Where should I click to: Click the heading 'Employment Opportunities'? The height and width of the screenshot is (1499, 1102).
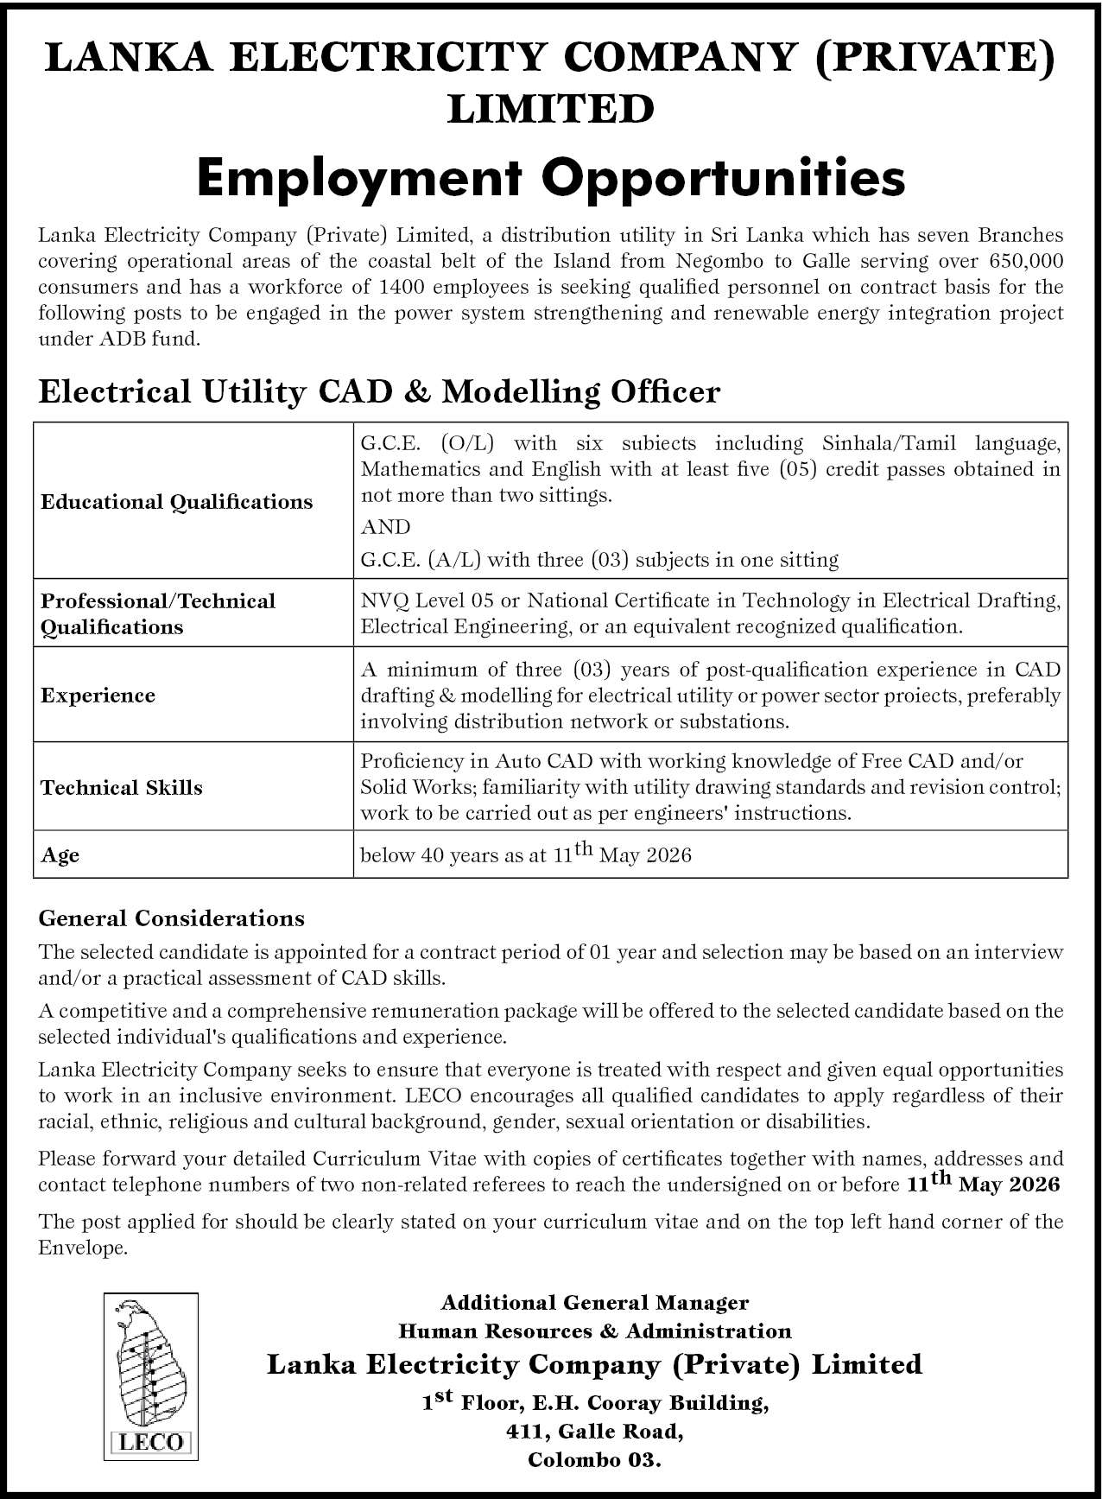click(x=551, y=178)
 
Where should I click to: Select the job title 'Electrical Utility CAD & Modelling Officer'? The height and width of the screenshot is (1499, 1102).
click(x=379, y=392)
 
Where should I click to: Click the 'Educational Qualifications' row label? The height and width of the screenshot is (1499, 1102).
click(x=176, y=502)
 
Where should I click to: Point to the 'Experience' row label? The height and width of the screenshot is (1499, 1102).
click(x=98, y=696)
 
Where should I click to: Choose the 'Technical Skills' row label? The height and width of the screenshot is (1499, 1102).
click(x=121, y=788)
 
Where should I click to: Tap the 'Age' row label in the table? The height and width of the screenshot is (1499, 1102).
click(x=60, y=855)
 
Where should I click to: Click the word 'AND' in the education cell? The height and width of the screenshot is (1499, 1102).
click(x=385, y=527)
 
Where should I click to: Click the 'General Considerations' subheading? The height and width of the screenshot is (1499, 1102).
click(x=171, y=918)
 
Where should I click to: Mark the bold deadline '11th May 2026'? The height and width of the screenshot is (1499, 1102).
click(x=983, y=1184)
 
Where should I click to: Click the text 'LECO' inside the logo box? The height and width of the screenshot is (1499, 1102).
click(x=151, y=1442)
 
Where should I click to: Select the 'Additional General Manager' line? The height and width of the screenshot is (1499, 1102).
click(x=594, y=1302)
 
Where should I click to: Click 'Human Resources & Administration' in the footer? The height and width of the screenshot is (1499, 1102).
click(x=594, y=1331)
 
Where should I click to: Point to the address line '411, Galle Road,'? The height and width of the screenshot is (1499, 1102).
click(x=594, y=1432)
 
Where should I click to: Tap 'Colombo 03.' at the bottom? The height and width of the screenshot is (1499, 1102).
click(x=594, y=1461)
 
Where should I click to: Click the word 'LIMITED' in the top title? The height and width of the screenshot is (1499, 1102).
click(x=551, y=110)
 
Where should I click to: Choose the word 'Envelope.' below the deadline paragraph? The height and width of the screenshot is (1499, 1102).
click(x=83, y=1248)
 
